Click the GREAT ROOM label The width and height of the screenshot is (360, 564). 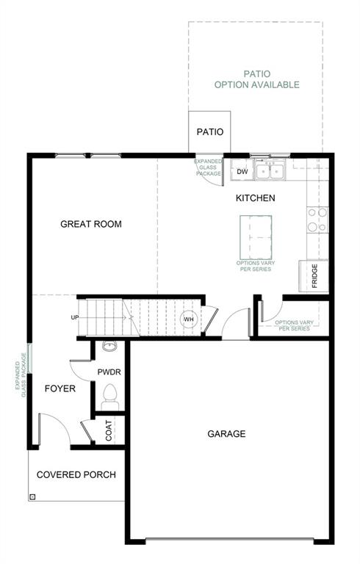click(x=91, y=224)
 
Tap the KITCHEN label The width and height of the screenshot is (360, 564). click(x=255, y=198)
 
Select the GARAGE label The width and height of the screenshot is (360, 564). click(x=226, y=434)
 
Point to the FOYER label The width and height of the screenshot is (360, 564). click(x=60, y=388)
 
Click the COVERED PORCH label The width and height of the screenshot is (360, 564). click(x=76, y=475)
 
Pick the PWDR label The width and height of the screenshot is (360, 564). click(x=109, y=372)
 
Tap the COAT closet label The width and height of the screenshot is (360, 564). click(x=109, y=430)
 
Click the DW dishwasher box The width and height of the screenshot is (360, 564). click(x=242, y=172)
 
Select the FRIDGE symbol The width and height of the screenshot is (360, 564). click(x=314, y=276)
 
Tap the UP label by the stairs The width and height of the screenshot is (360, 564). click(x=75, y=317)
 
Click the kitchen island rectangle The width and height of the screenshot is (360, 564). click(x=255, y=237)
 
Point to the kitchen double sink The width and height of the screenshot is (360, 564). click(x=270, y=171)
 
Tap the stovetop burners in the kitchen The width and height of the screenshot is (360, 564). click(x=317, y=220)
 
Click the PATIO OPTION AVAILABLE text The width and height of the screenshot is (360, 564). click(x=256, y=79)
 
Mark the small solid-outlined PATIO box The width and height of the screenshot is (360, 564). click(x=209, y=132)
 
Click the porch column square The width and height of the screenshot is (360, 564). click(x=32, y=496)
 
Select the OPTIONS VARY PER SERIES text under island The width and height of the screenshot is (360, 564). click(x=253, y=267)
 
